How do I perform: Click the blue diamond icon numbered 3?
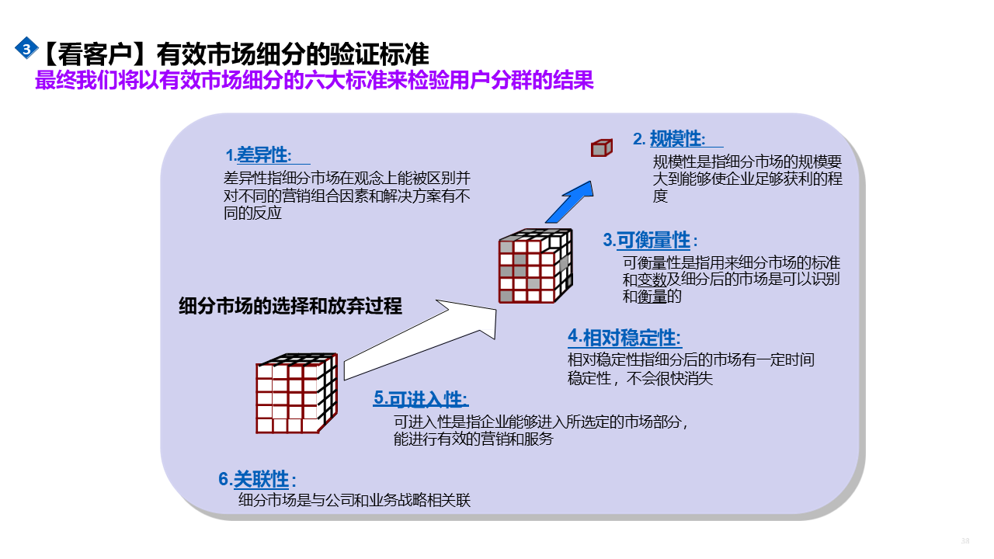26,49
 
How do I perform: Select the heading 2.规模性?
669,139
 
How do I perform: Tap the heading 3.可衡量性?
650,240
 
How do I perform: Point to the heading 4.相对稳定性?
624,338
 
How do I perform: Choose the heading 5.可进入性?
420,399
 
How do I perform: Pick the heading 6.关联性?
257,480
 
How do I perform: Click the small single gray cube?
601,148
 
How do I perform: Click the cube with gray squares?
534,266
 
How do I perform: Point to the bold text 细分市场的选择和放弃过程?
290,306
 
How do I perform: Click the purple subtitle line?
314,81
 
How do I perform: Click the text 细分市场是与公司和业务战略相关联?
354,501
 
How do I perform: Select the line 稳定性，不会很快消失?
641,379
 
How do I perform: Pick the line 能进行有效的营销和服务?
474,439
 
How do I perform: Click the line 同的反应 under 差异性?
252,214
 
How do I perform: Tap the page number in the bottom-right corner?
966,540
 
